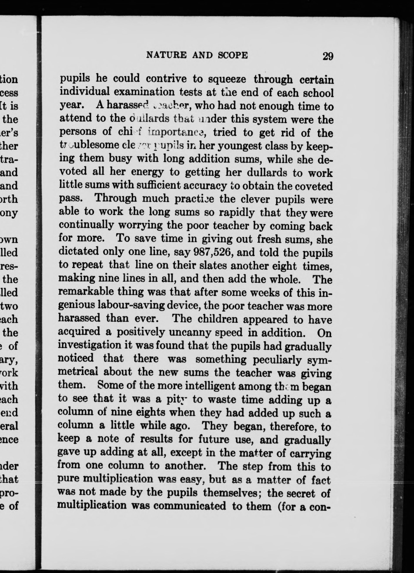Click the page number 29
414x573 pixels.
[328, 56]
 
